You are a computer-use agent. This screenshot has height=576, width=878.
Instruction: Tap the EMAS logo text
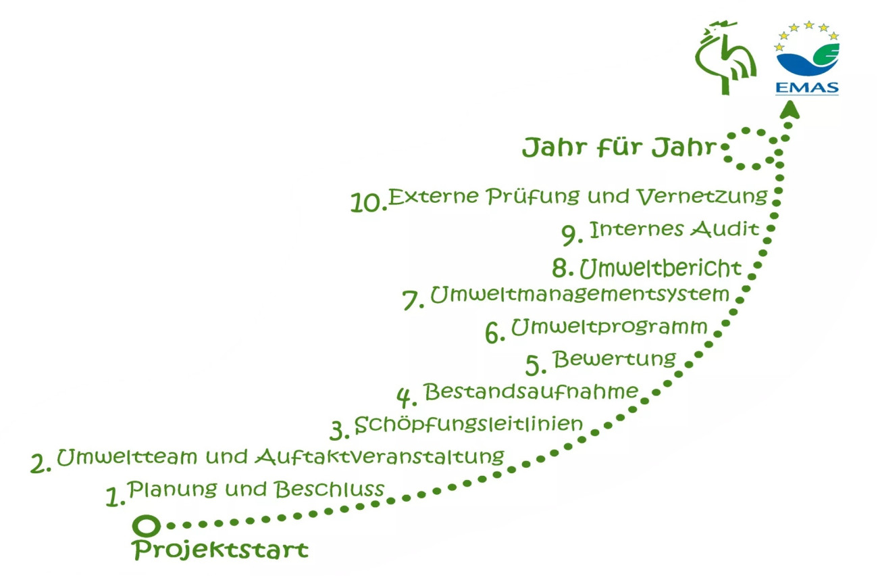coord(807,88)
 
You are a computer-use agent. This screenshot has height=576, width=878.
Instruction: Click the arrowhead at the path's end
coord(787,108)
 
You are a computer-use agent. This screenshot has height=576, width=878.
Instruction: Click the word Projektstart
coord(220,549)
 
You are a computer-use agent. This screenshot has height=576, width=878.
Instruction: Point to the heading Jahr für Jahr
coord(618,147)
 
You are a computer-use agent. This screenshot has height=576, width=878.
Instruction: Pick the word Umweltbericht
coord(661,268)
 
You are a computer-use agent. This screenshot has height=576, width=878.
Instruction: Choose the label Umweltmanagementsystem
coord(579,295)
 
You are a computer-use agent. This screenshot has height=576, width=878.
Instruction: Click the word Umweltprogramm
coord(609,327)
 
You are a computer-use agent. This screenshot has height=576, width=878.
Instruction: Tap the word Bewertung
coord(614,358)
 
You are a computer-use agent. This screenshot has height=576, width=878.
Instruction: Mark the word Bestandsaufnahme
coord(531,391)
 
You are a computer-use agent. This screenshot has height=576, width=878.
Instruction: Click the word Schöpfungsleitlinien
coord(468,425)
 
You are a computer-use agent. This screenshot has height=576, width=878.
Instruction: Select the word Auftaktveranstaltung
coord(380,456)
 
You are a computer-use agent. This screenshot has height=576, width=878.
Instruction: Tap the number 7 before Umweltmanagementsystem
coord(413,299)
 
